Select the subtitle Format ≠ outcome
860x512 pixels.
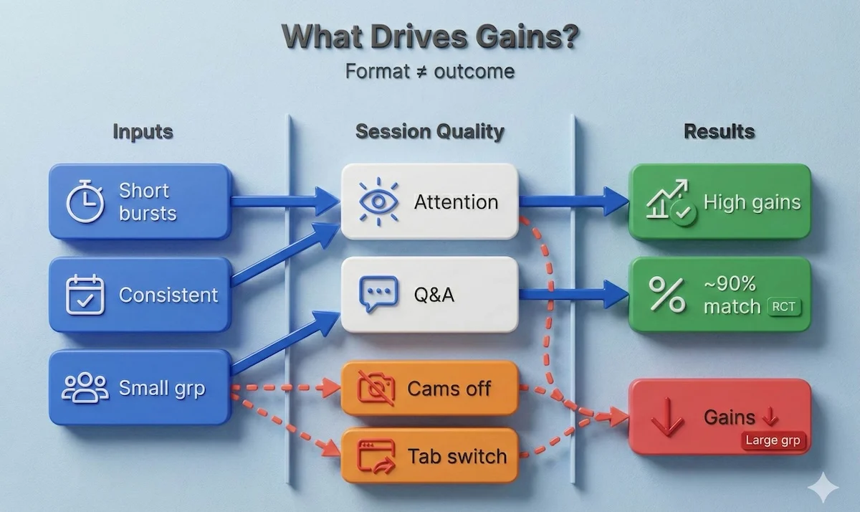(429, 72)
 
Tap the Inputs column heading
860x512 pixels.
(143, 132)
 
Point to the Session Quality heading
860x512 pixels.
(429, 132)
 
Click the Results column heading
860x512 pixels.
(719, 132)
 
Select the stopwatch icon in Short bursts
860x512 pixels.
(85, 202)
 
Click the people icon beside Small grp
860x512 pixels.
(85, 388)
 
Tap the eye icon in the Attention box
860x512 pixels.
(378, 202)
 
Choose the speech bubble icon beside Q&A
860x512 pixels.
(378, 295)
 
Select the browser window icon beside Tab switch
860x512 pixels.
(378, 455)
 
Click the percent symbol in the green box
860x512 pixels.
(666, 295)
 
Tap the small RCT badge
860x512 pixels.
(783, 307)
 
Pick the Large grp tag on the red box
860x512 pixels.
(772, 440)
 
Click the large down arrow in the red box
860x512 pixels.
(666, 417)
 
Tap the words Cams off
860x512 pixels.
(449, 389)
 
